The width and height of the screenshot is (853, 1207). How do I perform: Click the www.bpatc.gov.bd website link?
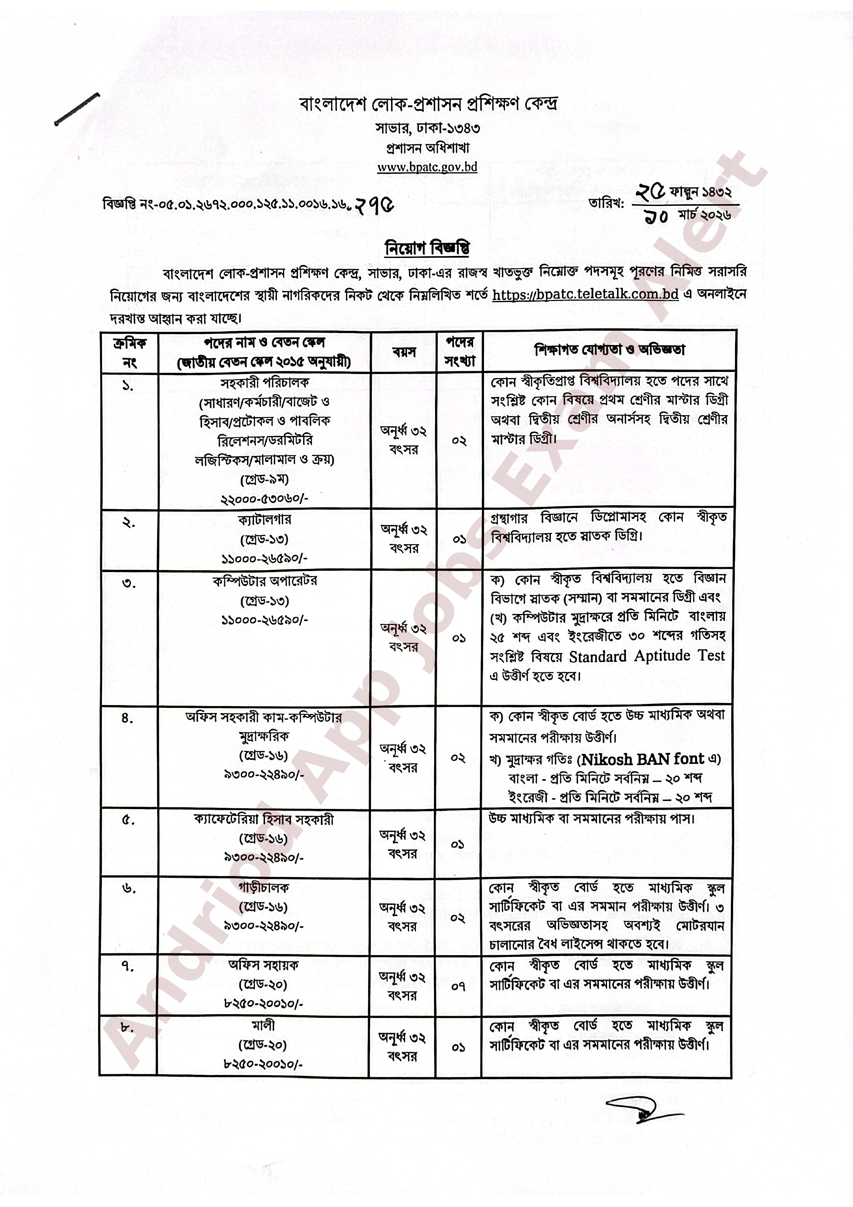(x=427, y=167)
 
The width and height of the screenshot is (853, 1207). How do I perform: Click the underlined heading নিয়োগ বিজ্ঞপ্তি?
(x=427, y=249)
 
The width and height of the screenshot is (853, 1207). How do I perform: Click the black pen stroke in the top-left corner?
(x=77, y=109)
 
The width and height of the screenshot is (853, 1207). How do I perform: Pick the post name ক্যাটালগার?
(x=264, y=520)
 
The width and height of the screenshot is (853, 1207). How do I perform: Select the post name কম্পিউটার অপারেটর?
(x=265, y=581)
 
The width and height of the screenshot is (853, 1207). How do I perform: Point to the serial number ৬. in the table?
(x=129, y=889)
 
